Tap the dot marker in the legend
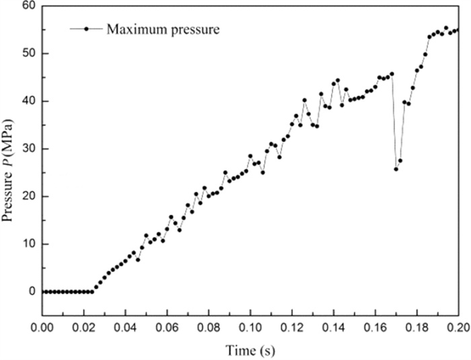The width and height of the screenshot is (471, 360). pyautogui.click(x=87, y=29)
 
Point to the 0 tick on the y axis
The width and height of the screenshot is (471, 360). pyautogui.click(x=30, y=292)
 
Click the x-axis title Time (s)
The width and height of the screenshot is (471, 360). pyautogui.click(x=250, y=350)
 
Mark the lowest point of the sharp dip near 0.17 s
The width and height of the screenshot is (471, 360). pyautogui.click(x=396, y=169)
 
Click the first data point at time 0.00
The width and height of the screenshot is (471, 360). pyautogui.click(x=43, y=291)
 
